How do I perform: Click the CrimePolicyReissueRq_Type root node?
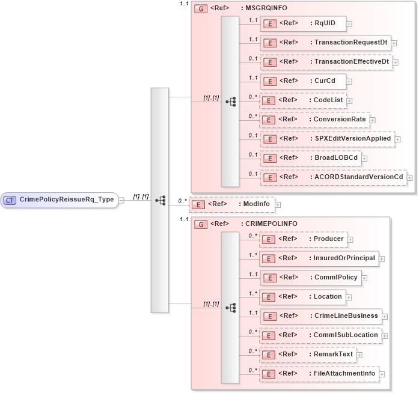point(60,200)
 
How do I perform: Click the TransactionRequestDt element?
point(325,43)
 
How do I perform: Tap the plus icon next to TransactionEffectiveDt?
point(395,62)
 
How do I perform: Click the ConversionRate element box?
point(314,119)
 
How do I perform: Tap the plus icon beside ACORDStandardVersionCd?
point(409,177)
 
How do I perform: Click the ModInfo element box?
point(231,204)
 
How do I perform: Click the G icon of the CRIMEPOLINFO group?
point(201,224)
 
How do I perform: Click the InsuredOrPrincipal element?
point(319,258)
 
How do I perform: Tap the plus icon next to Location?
point(348,297)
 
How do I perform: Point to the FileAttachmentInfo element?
point(319,373)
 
